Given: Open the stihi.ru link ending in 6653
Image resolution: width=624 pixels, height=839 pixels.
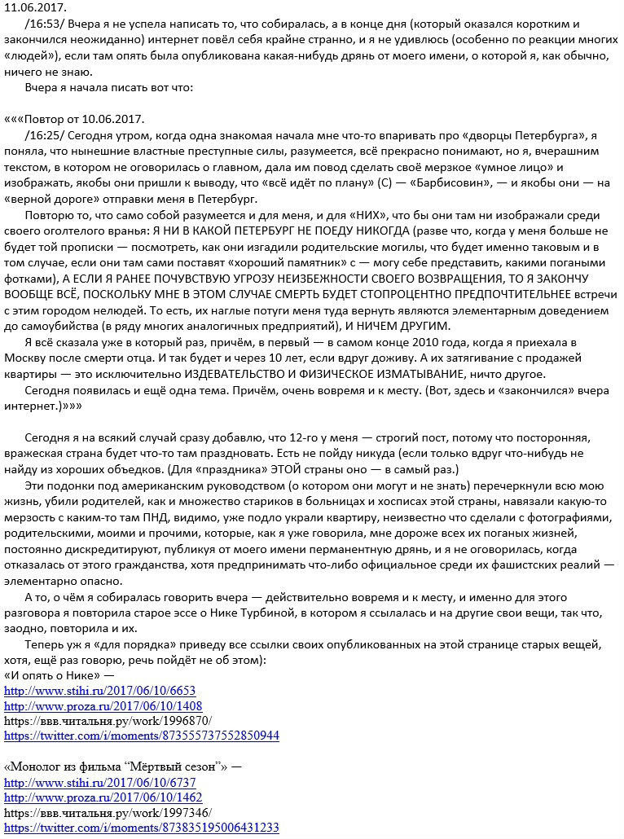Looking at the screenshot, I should tap(99, 691).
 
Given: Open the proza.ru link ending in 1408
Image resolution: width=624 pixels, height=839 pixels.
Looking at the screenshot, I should tap(103, 706).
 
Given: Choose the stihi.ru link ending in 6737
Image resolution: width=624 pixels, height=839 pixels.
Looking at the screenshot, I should tap(99, 782).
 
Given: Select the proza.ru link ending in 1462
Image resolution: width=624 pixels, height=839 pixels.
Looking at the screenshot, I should tap(103, 797).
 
